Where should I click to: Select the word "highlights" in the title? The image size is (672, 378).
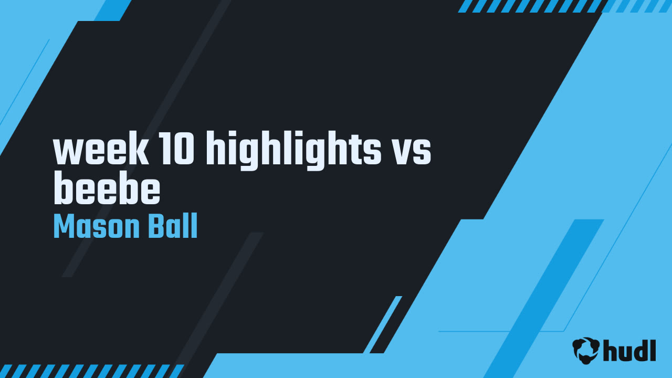click(293, 151)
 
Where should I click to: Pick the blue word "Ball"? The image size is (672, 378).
click(173, 227)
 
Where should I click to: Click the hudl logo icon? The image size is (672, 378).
click(586, 350)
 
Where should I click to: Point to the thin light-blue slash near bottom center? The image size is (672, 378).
click(382, 324)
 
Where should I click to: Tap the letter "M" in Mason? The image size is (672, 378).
click(64, 227)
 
